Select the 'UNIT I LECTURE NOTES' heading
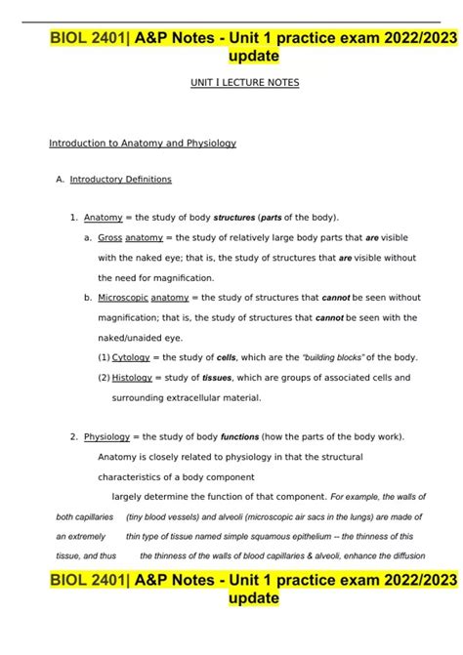pyautogui.click(x=244, y=84)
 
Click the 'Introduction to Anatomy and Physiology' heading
pyautogui.click(x=143, y=143)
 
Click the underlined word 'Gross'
pyautogui.click(x=109, y=237)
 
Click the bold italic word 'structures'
pyautogui.click(x=233, y=217)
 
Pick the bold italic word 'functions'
pyautogui.click(x=239, y=436)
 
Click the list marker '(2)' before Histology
pyautogui.click(x=104, y=377)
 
